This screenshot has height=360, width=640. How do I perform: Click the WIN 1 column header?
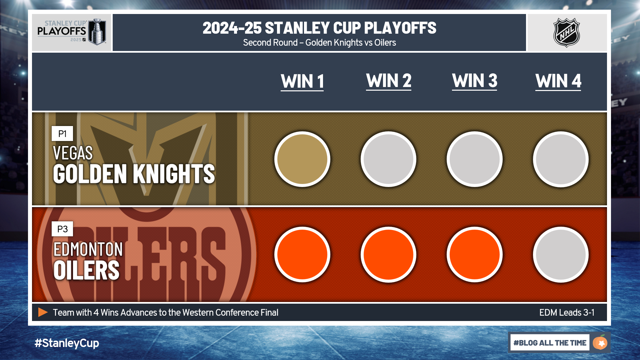[302, 82]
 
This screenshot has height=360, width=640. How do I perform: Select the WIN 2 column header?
[389, 81]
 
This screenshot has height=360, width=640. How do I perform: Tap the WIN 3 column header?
[475, 81]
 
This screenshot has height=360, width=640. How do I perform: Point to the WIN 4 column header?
[558, 81]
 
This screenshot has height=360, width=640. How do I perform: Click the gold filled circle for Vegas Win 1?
[302, 159]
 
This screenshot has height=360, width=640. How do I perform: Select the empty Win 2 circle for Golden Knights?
[388, 159]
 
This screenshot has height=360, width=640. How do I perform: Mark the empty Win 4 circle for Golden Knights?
[561, 159]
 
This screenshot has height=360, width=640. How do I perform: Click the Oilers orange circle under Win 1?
[302, 254]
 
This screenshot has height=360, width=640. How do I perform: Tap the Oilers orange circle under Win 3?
[475, 254]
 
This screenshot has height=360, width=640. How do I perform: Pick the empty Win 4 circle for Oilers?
[561, 254]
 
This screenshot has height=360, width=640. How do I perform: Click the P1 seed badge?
[62, 134]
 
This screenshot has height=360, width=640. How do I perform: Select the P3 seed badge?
[62, 229]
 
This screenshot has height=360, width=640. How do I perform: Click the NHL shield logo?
[567, 33]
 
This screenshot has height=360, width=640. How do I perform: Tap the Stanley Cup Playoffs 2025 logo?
[72, 32]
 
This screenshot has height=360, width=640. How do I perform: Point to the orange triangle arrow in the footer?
[43, 312]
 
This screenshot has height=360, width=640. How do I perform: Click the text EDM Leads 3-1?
[567, 313]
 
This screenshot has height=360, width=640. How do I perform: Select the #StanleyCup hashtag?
[67, 343]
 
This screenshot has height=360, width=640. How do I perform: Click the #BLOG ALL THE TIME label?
[550, 343]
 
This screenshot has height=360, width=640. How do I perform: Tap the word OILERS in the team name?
[86, 270]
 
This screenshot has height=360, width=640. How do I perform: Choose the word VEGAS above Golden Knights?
[73, 153]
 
